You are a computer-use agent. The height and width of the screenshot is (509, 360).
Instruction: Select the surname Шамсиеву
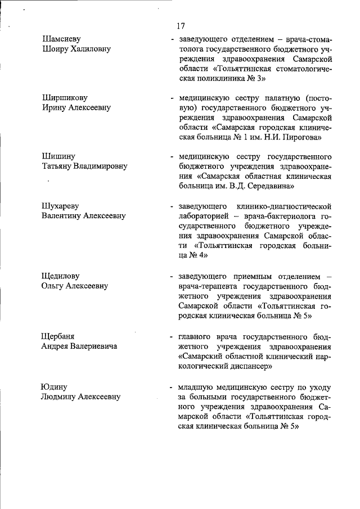click(61, 39)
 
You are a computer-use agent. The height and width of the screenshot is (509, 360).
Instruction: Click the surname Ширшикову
click(65, 97)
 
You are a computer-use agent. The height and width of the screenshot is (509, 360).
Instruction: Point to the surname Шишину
click(58, 156)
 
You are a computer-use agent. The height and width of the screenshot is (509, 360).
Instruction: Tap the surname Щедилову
click(61, 276)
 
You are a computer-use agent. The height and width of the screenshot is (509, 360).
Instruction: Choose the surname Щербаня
click(58, 336)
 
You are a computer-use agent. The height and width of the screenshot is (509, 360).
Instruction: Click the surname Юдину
click(54, 386)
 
